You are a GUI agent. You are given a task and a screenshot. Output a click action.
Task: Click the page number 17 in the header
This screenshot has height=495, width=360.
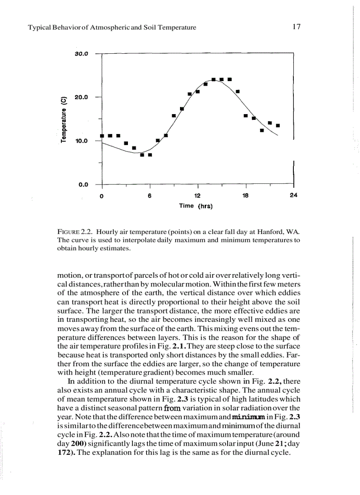(296, 27)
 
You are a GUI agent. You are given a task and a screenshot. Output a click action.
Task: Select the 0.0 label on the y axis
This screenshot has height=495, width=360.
(83, 184)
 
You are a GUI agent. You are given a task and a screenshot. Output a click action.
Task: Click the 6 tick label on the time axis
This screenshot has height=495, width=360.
(150, 196)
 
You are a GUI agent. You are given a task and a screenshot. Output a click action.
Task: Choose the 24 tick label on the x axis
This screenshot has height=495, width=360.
(293, 196)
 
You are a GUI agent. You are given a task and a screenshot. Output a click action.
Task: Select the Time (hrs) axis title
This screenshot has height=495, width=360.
(196, 206)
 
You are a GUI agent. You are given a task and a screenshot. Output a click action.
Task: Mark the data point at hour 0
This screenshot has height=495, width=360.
(102, 136)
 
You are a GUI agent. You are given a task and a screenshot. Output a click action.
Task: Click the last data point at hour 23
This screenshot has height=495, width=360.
(278, 125)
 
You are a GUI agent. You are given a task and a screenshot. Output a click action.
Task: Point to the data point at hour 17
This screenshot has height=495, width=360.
(237, 91)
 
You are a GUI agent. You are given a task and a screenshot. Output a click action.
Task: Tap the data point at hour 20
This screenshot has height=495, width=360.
(262, 130)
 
